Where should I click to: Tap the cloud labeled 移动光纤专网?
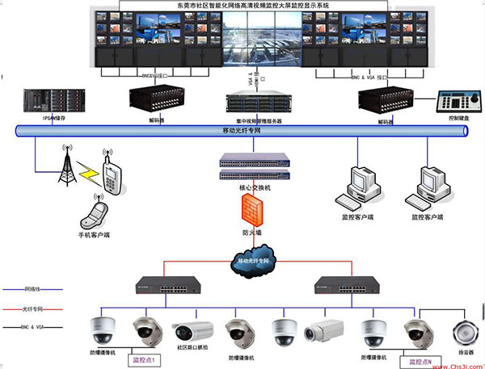(255, 261)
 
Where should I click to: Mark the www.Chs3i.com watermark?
(449, 361)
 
